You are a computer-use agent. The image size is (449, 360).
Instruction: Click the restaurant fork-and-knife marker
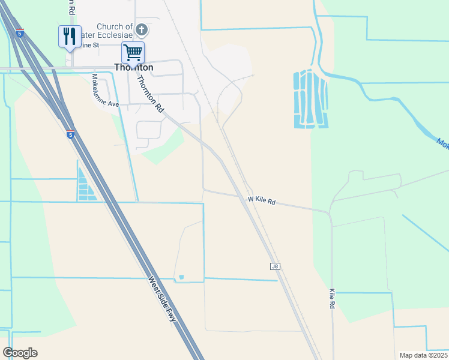coord(70,36)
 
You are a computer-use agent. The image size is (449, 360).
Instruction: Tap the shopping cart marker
coord(133,52)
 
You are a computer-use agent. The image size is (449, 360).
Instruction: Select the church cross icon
coord(141,29)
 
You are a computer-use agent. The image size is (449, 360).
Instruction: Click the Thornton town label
coord(134,67)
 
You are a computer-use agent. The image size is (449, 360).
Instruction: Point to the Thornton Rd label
coord(150,95)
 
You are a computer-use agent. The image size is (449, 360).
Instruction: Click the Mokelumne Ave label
coord(106,91)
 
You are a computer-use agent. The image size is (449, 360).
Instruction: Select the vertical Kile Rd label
coord(332,298)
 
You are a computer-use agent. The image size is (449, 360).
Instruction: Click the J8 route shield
coord(275,266)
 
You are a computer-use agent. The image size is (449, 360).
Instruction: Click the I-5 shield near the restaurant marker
coord(21,34)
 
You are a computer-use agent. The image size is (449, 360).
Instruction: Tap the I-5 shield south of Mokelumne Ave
coord(70,135)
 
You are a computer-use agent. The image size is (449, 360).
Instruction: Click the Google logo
coord(20,352)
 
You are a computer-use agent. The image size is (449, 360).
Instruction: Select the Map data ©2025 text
coord(424,355)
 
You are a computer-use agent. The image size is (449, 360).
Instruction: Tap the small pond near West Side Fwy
coord(181,277)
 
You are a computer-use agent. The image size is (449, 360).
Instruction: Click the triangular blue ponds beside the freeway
coord(85,186)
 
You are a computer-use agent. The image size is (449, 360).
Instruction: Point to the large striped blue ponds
coord(310,99)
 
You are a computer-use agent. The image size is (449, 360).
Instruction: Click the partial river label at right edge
coord(443,143)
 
